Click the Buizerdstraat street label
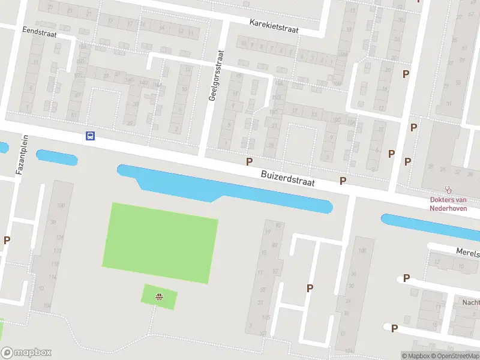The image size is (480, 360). (288, 178)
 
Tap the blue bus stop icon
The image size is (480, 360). (90, 136)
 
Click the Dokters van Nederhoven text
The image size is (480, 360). (448, 204)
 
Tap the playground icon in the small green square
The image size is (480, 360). (160, 296)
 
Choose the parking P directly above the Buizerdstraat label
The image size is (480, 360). (249, 161)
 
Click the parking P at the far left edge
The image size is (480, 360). (7, 240)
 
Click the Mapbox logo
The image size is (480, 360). (26, 353)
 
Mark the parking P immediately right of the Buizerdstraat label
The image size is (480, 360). (343, 181)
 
